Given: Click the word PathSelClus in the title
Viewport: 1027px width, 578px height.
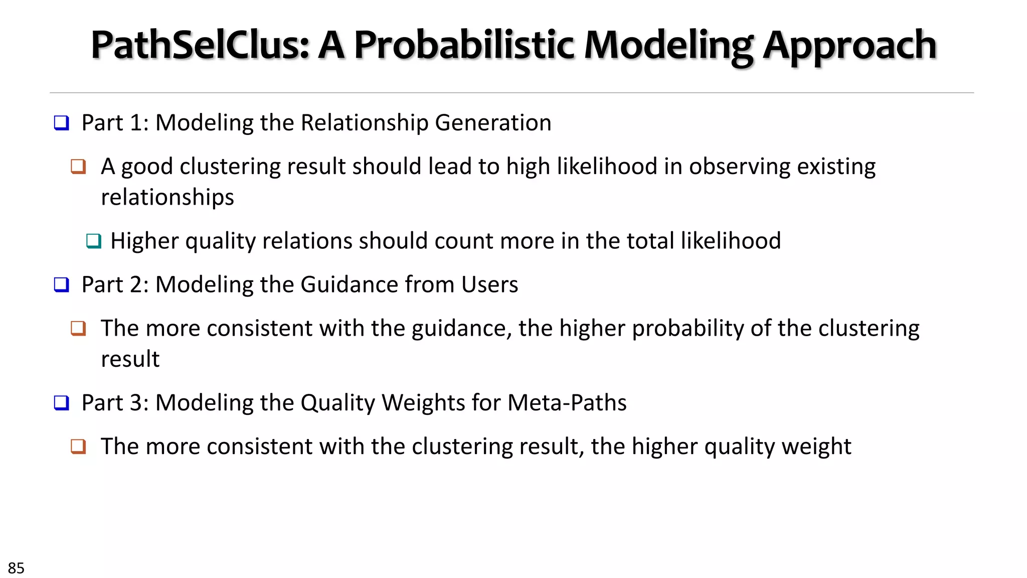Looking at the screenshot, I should click(200, 45).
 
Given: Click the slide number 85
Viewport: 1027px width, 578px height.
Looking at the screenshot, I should click(16, 568).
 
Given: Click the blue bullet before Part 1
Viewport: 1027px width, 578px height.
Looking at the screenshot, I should click(61, 123).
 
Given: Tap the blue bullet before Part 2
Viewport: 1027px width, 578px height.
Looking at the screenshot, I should click(61, 285).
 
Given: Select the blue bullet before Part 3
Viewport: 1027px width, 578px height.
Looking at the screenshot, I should click(61, 403).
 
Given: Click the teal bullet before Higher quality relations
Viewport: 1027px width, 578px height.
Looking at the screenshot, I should click(93, 241).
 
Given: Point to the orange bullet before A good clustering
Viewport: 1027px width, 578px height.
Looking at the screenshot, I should click(78, 167).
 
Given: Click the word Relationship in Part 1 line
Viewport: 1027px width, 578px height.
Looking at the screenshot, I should click(364, 123).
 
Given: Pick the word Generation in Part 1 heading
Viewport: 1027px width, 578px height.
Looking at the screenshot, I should click(493, 123).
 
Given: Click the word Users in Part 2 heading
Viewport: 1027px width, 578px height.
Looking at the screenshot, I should click(489, 284).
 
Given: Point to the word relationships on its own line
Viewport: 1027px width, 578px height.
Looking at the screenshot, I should click(167, 197).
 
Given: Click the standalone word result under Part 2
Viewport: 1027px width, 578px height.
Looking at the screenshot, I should click(130, 359).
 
